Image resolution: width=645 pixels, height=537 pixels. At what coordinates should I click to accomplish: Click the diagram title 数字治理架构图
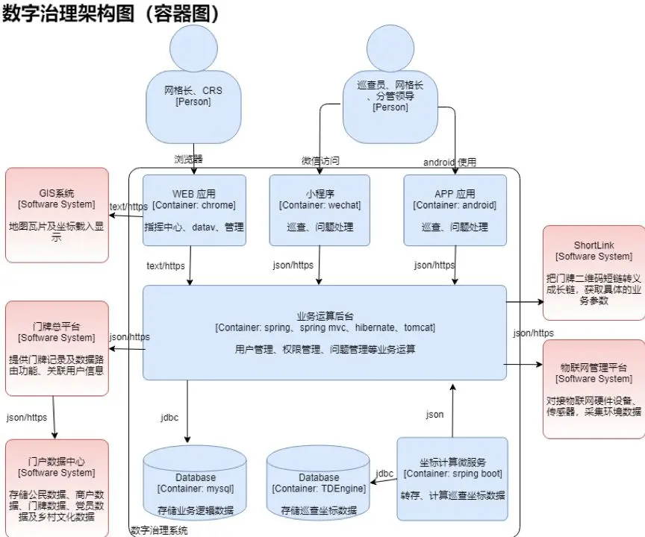112,13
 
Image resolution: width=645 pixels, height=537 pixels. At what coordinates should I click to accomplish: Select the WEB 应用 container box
194,210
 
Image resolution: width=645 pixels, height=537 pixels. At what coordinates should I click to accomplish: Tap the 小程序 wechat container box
320,210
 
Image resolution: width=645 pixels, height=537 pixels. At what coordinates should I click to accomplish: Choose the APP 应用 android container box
455,210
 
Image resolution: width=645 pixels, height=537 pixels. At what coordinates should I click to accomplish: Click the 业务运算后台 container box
325,332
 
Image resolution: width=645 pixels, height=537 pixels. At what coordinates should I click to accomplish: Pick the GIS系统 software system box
57,214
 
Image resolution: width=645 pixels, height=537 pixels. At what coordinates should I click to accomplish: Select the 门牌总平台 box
57,348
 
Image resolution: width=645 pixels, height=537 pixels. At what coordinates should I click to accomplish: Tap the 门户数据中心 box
57,484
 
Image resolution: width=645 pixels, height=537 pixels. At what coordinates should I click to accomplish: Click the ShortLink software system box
593,272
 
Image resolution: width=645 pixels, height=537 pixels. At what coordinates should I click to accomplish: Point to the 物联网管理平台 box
593,388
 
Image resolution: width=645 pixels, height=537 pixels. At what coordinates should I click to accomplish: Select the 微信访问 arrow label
320,161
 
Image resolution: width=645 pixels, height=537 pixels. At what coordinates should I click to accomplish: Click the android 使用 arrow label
449,162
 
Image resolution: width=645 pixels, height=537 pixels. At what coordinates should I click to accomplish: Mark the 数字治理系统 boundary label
159,530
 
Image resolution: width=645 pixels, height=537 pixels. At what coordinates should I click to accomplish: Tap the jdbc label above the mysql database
169,418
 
